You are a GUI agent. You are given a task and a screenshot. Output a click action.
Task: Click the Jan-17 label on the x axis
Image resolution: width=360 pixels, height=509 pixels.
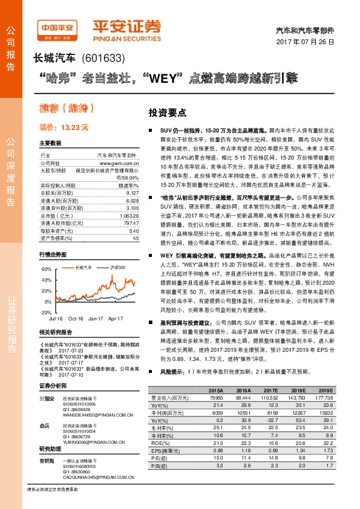[x=95, y=317]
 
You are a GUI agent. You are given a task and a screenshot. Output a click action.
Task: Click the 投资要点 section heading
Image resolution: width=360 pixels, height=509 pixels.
[x=168, y=112]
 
